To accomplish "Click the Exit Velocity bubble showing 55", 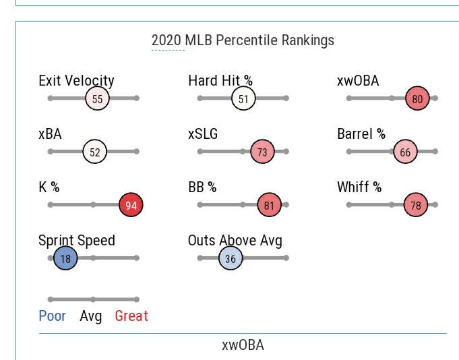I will click(98, 99).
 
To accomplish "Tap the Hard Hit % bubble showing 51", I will click(243, 99).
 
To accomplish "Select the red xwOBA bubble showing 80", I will click(417, 99).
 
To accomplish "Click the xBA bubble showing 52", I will click(95, 152).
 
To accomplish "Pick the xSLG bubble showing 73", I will click(262, 152).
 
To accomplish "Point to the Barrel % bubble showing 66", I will click(405, 152).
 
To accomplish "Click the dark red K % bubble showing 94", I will click(131, 205).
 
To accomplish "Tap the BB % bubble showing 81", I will click(269, 205).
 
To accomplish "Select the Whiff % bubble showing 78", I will click(416, 205).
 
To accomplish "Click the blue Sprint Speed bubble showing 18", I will click(65, 258).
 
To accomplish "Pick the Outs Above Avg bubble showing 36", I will click(231, 258).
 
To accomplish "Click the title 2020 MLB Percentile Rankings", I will click(243, 40).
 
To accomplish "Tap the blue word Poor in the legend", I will click(53, 316).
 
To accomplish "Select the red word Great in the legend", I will click(131, 316).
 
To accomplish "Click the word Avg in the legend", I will click(91, 316).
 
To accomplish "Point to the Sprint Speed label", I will click(77, 241).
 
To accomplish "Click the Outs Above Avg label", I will click(235, 241).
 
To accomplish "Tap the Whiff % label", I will click(359, 187).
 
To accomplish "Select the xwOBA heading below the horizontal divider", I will click(243, 345).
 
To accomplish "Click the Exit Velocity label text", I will click(77, 81).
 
